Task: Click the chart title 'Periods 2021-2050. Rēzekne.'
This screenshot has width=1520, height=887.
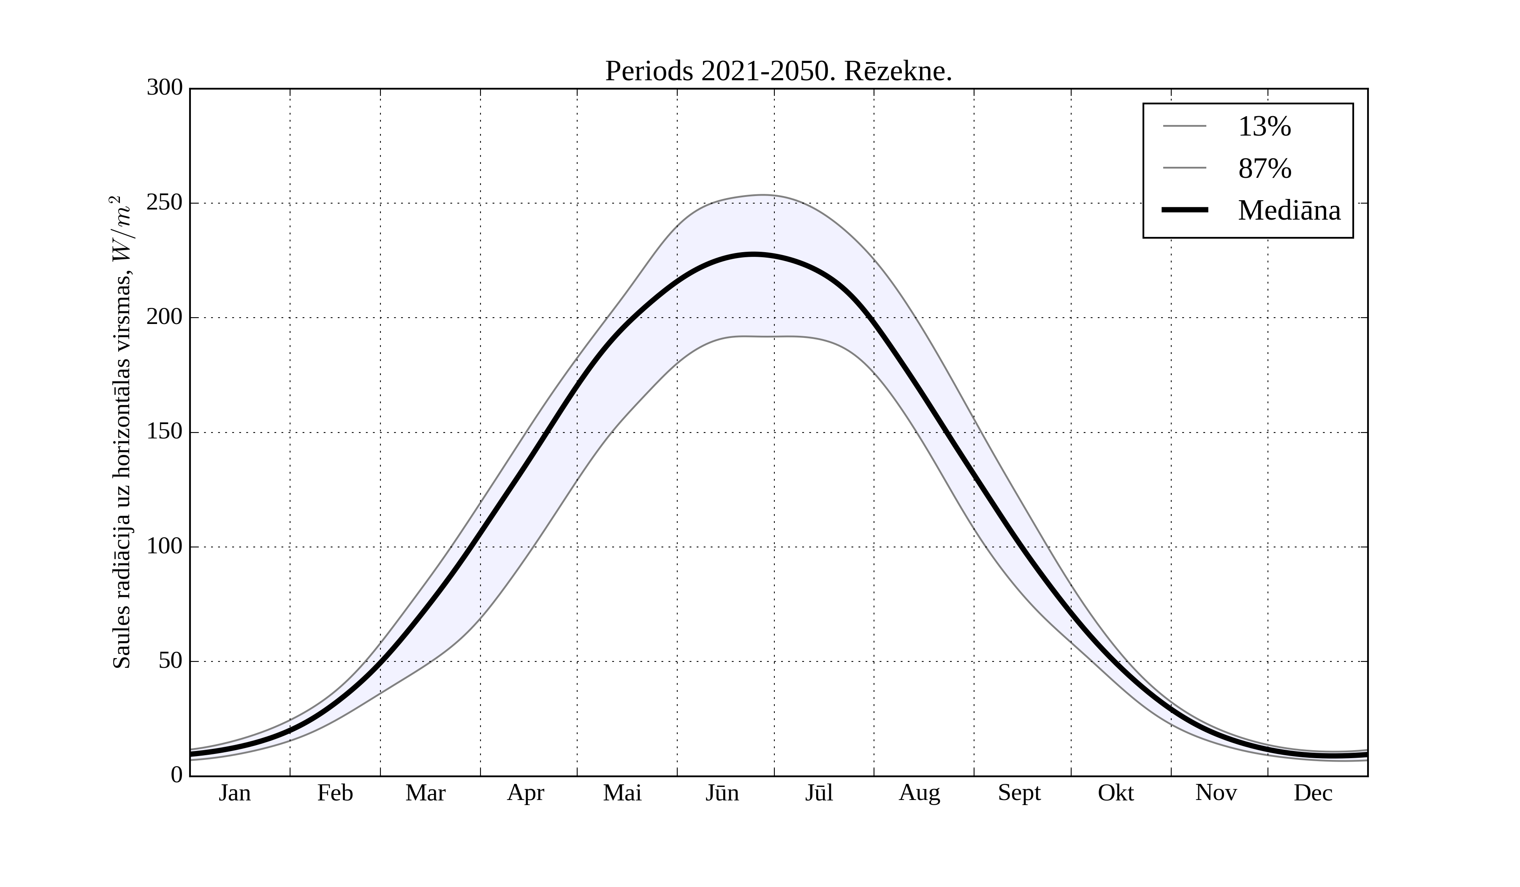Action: [778, 71]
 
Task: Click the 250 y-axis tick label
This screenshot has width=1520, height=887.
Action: [165, 203]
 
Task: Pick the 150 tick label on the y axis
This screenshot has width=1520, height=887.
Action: [165, 432]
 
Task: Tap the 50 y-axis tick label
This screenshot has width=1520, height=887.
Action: [170, 661]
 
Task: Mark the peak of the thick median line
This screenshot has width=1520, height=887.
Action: [754, 255]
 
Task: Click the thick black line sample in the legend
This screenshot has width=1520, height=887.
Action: [1185, 210]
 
